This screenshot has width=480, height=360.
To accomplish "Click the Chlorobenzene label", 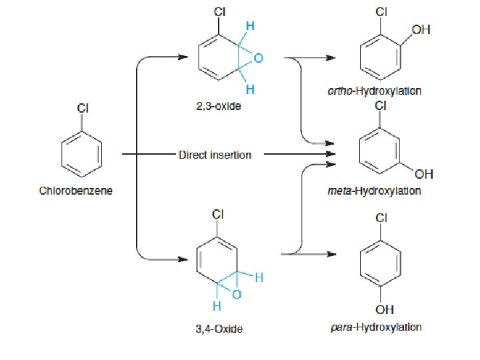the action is click(75, 191).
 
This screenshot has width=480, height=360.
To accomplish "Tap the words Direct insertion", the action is click(215, 155).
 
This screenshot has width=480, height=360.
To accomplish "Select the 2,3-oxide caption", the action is click(219, 106).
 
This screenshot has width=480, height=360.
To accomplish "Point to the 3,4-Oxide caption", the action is click(219, 329).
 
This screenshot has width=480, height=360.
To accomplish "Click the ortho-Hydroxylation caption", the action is click(375, 91).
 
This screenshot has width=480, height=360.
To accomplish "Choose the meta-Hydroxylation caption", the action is click(374, 191).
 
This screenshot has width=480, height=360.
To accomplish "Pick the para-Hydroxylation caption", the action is click(376, 327).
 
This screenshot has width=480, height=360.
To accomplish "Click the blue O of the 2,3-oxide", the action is click(259, 57).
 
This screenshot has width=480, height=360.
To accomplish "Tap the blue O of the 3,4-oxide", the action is click(237, 295).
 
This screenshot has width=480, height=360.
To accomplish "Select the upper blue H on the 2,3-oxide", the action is click(250, 26).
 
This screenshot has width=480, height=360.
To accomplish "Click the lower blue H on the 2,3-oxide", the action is click(250, 89).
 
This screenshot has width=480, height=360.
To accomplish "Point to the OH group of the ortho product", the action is click(421, 30).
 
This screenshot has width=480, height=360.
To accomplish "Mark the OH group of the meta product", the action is click(424, 174).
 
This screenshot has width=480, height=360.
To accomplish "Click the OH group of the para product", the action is click(385, 309).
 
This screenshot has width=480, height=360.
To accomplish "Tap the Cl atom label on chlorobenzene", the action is click(83, 108).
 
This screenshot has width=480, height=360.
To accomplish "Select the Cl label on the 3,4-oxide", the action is click(217, 214).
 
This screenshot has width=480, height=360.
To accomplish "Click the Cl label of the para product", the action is click(381, 217).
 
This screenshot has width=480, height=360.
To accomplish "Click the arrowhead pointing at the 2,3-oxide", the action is click(183, 57).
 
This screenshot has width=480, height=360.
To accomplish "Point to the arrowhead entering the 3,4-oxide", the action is click(183, 259).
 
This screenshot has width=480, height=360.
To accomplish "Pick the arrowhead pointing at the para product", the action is click(331, 254).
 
